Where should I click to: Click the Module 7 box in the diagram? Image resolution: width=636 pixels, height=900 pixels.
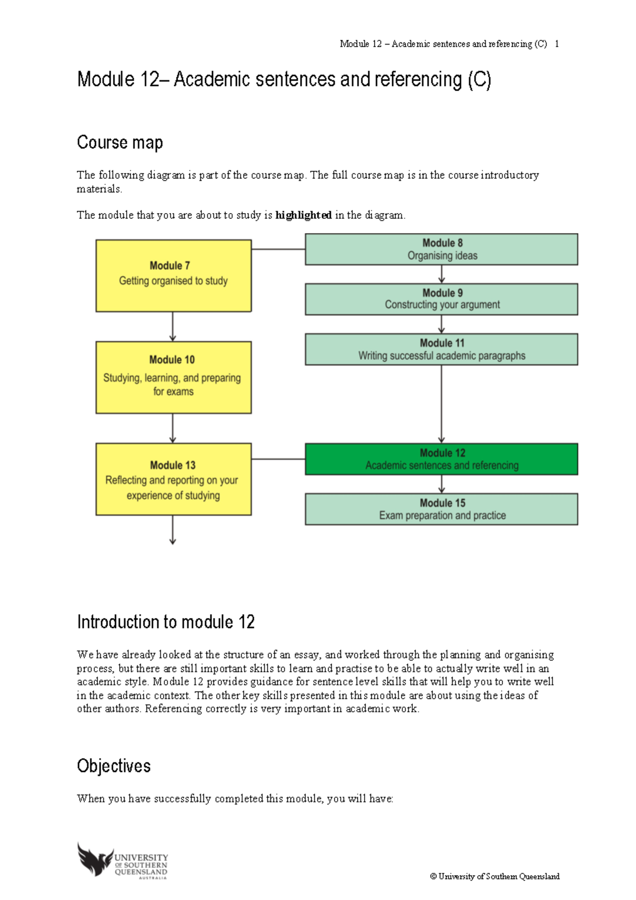[x=173, y=276]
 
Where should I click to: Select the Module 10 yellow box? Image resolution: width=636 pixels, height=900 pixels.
[x=173, y=377]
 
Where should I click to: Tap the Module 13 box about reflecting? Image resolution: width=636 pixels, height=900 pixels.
[x=173, y=479]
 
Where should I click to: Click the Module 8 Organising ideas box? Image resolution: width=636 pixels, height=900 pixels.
[x=441, y=249]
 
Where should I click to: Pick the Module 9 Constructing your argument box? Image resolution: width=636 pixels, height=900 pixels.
[x=441, y=299]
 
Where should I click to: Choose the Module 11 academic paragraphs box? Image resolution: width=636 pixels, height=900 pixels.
[x=441, y=349]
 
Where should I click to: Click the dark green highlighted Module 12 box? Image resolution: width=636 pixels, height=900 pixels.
[x=441, y=459]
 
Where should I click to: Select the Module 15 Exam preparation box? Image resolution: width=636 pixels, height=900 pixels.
[x=441, y=509]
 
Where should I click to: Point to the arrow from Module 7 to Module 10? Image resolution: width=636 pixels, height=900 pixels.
[x=173, y=327]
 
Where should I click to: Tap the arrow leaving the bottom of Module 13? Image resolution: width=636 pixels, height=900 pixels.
[x=173, y=530]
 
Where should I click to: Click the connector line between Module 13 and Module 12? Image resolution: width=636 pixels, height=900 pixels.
[x=278, y=459]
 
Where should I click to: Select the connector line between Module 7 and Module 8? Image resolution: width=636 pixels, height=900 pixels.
[x=278, y=249]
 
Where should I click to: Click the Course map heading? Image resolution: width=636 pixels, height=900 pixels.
[x=120, y=143]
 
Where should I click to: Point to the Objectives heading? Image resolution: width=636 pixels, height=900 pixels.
[x=114, y=766]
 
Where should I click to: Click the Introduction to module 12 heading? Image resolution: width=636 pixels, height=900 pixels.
[x=166, y=622]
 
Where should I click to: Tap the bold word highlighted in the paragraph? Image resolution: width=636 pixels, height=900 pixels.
[x=303, y=215]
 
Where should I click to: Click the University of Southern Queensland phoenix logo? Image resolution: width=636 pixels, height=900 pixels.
[x=95, y=859]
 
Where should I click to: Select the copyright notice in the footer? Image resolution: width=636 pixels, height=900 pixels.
[x=494, y=876]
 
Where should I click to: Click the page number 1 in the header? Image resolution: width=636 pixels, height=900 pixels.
[x=556, y=44]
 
